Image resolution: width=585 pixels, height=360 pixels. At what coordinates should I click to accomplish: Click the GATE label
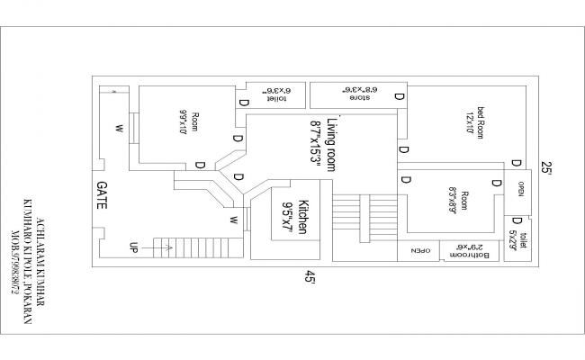point(102,194)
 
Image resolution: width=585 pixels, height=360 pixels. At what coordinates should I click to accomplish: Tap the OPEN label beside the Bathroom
point(421,251)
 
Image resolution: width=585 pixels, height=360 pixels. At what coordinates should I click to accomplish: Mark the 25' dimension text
point(546,168)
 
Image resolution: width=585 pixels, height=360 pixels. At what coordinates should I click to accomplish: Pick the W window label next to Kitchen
point(233,219)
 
